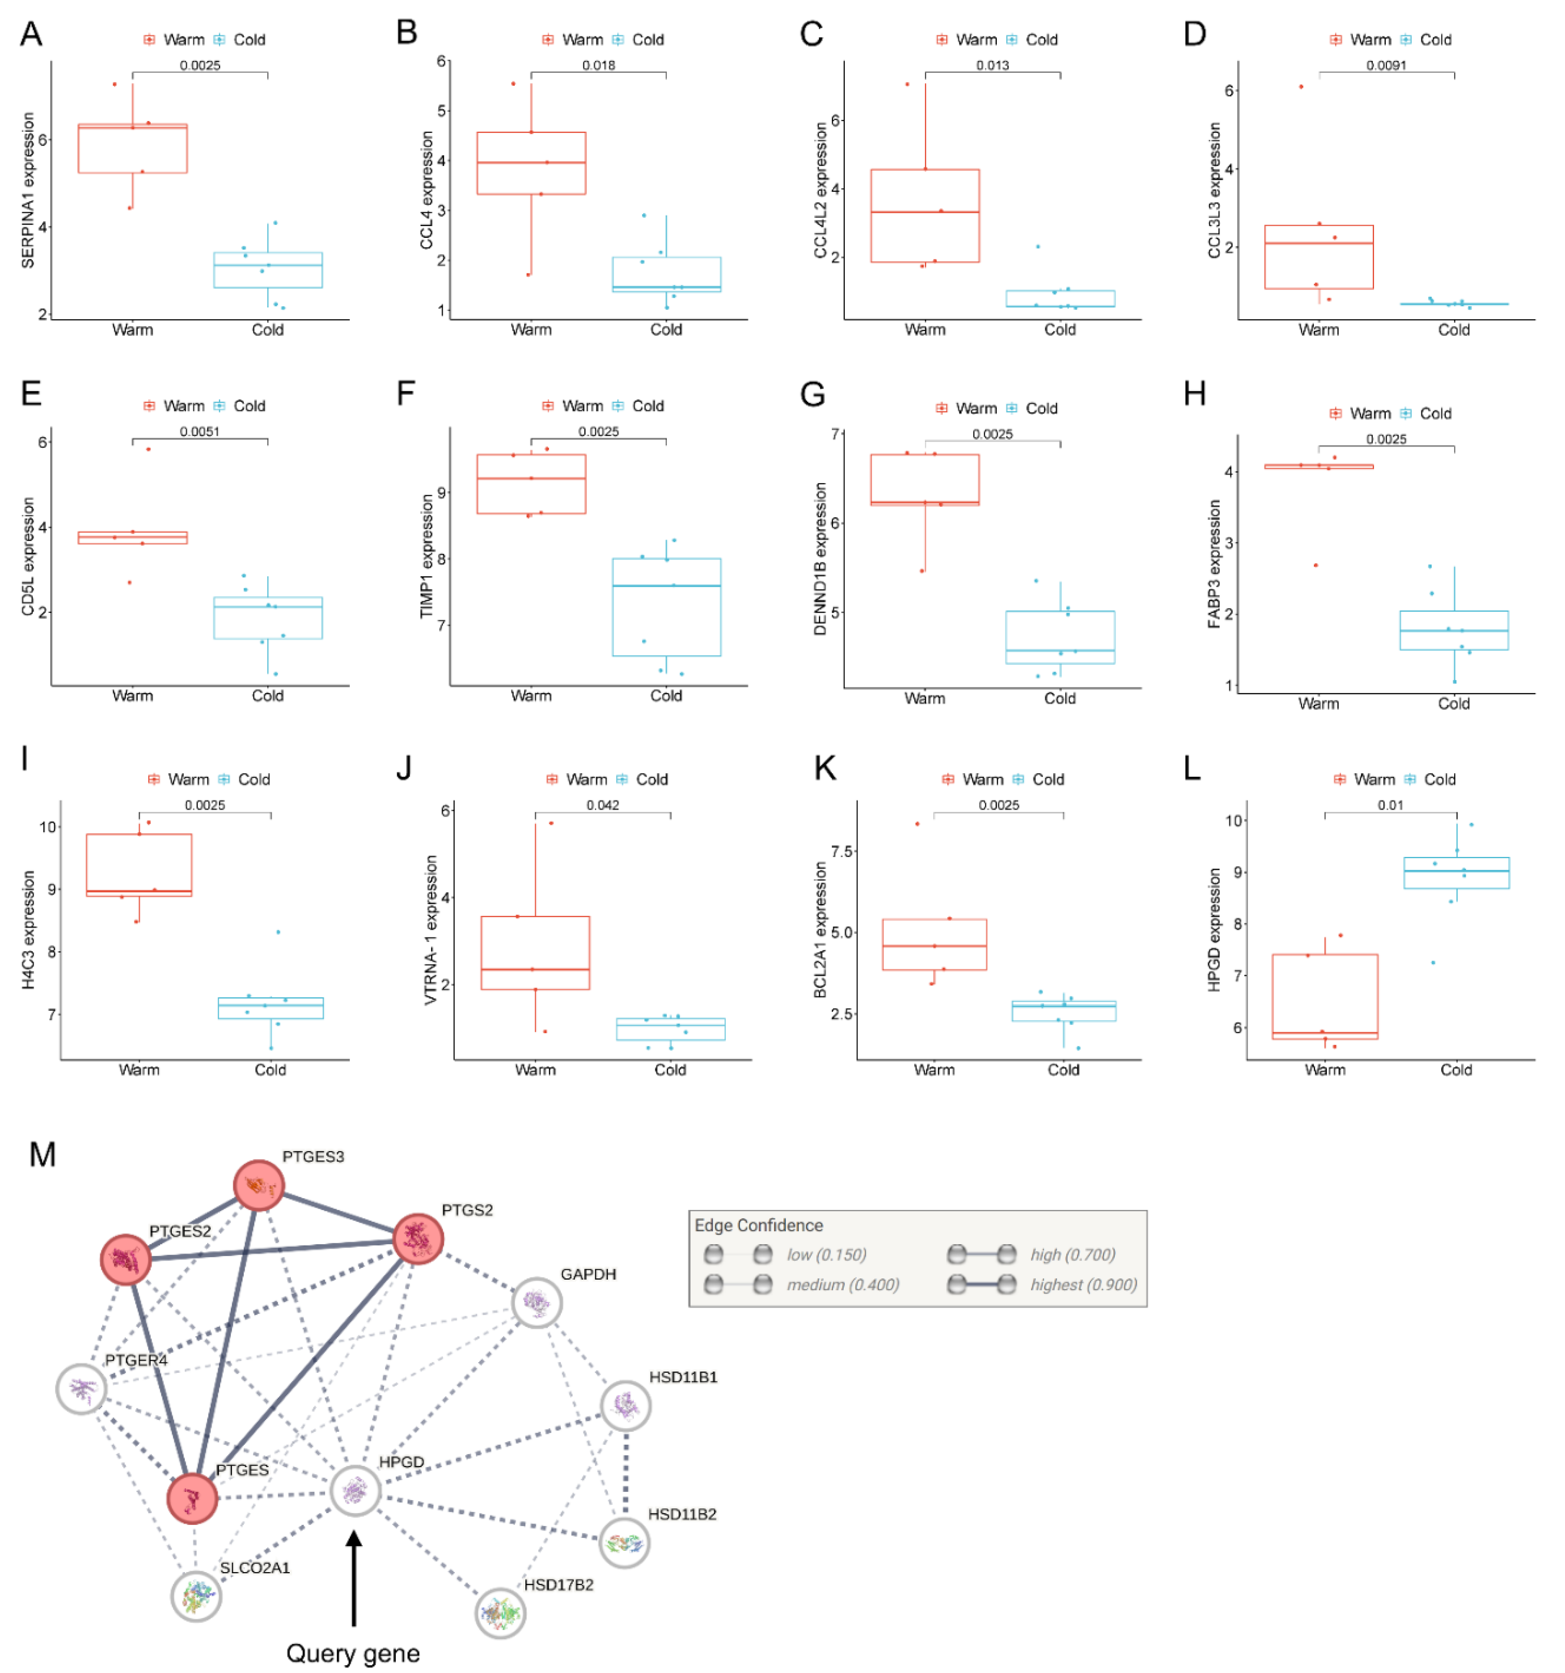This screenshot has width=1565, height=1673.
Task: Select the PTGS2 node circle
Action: click(x=418, y=1238)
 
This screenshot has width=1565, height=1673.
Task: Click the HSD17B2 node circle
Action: click(x=501, y=1613)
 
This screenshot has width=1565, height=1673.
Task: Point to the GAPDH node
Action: click(x=537, y=1303)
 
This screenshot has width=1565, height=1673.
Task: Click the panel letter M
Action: click(x=42, y=1154)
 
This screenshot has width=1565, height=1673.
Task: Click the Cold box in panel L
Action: click(x=1456, y=873)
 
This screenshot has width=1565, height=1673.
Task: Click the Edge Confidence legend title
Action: click(x=758, y=1226)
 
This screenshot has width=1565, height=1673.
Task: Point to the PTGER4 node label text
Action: click(x=136, y=1360)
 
